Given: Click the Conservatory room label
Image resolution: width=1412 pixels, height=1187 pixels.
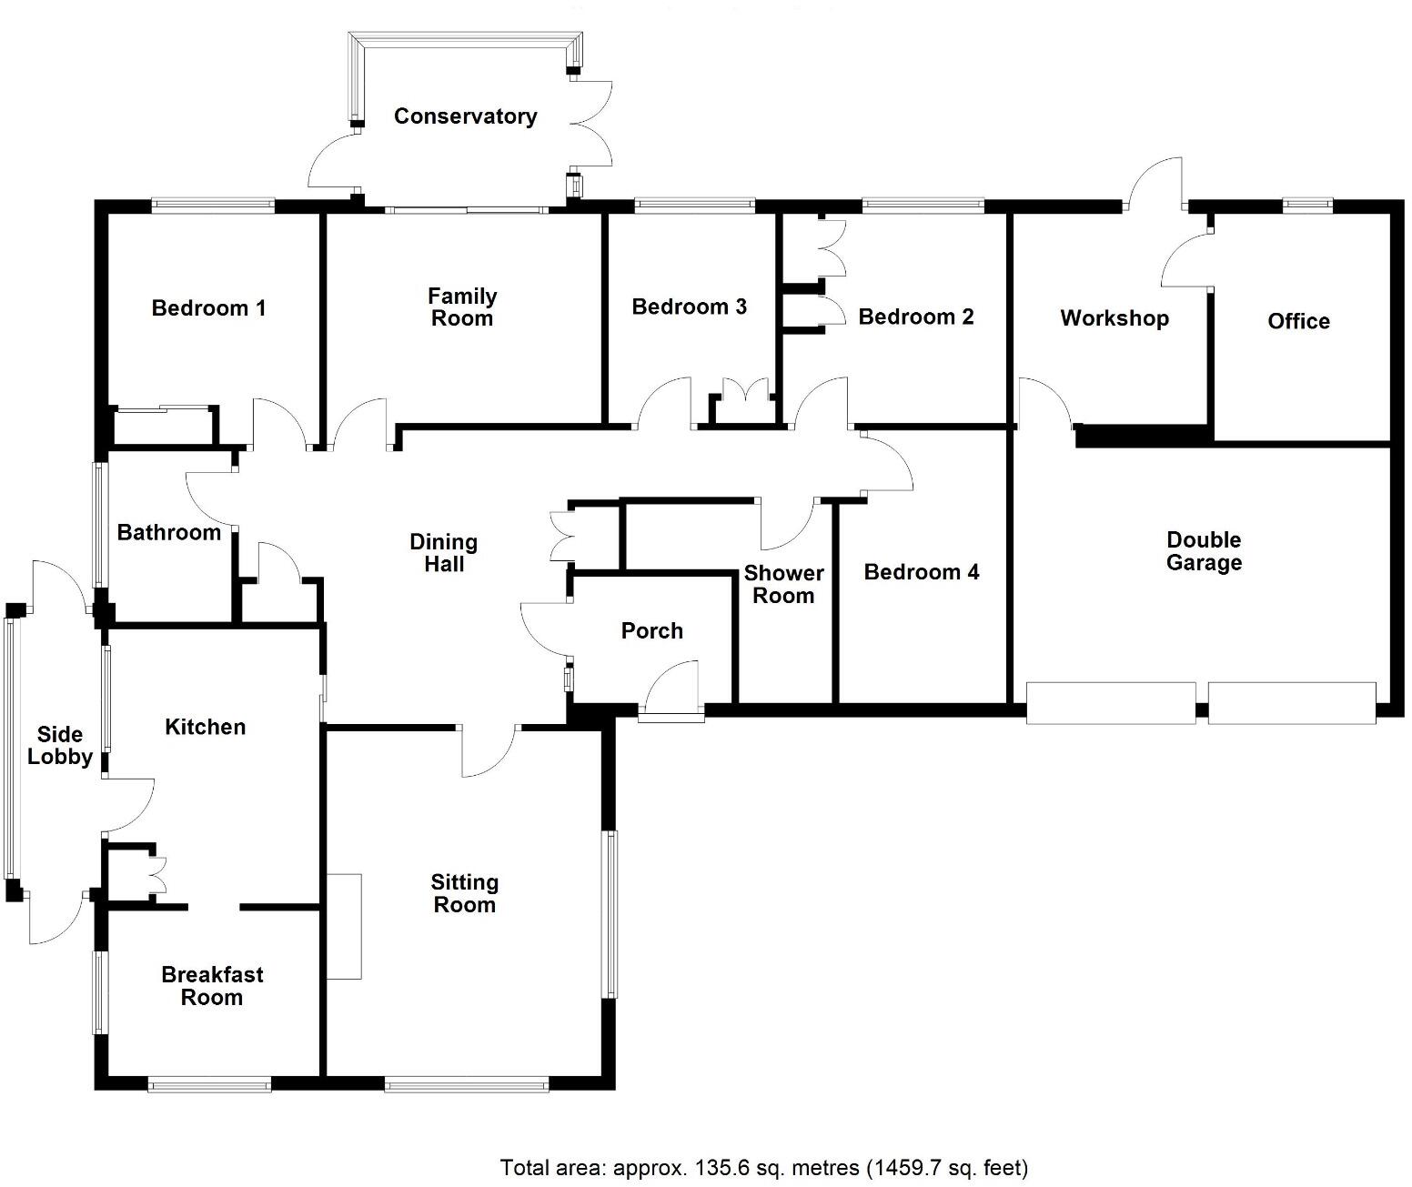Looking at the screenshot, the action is click(x=465, y=116).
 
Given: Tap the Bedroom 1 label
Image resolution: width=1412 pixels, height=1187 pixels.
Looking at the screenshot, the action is click(x=208, y=308).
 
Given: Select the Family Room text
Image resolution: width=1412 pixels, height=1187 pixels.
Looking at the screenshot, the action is click(x=462, y=307).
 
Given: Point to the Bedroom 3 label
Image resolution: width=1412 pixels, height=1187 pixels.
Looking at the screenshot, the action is click(x=689, y=307).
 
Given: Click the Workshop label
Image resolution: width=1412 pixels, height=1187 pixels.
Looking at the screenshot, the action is click(x=1114, y=318).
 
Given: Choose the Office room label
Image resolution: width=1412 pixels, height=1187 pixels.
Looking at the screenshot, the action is click(x=1298, y=321).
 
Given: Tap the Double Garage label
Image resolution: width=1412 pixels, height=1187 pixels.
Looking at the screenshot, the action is click(x=1205, y=551).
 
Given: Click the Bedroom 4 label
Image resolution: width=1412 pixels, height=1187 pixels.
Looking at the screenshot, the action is click(x=921, y=572).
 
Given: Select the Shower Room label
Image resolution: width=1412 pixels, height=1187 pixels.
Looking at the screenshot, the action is click(x=783, y=584).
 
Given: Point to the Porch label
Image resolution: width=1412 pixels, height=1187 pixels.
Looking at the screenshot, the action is click(x=652, y=630).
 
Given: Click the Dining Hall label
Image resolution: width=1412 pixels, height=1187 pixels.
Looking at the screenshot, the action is click(x=444, y=553).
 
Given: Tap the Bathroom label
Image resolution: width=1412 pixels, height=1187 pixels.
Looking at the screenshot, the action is click(x=169, y=533).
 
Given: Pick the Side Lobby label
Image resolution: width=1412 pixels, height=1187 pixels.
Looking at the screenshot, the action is click(x=59, y=746).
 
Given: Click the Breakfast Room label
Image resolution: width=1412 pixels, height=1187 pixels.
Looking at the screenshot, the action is click(x=212, y=986).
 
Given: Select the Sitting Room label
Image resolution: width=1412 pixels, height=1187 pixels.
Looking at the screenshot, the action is click(x=465, y=893).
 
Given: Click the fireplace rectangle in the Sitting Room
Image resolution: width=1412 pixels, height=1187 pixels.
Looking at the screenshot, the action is click(x=344, y=926).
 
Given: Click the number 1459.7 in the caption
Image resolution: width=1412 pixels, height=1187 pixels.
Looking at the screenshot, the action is click(x=905, y=1167).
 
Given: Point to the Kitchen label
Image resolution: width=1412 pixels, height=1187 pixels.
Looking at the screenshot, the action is click(x=205, y=727).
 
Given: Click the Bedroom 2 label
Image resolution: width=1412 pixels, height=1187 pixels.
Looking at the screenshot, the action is click(x=916, y=317).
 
